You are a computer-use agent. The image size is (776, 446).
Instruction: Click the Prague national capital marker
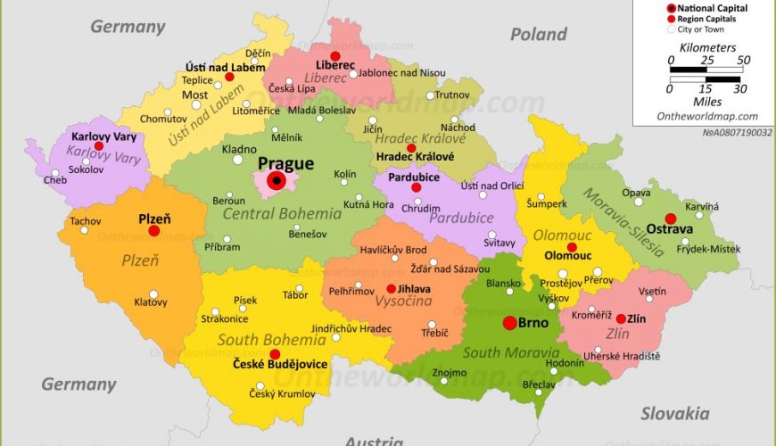click(x=277, y=182)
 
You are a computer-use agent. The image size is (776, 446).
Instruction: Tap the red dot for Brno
click(x=509, y=323)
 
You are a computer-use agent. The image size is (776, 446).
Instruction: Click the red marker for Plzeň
click(x=153, y=230)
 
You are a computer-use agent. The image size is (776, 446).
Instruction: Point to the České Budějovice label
click(x=280, y=365)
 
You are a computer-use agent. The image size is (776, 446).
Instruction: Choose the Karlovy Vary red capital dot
click(x=99, y=146)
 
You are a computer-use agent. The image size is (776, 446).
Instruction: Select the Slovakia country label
click(x=675, y=413)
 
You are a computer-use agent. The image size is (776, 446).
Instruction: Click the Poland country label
click(x=538, y=35)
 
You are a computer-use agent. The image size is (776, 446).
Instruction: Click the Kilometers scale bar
click(x=706, y=68)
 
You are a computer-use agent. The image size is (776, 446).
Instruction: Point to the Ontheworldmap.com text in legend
click(x=706, y=116)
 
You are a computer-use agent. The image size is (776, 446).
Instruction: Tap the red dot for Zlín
click(x=621, y=318)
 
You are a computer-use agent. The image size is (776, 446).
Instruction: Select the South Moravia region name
click(x=511, y=352)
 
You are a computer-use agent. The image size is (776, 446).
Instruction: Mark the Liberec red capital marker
click(x=334, y=55)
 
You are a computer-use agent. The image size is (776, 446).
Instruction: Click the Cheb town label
click(x=54, y=180)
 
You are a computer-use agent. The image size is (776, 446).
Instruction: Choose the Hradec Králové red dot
click(x=411, y=148)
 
